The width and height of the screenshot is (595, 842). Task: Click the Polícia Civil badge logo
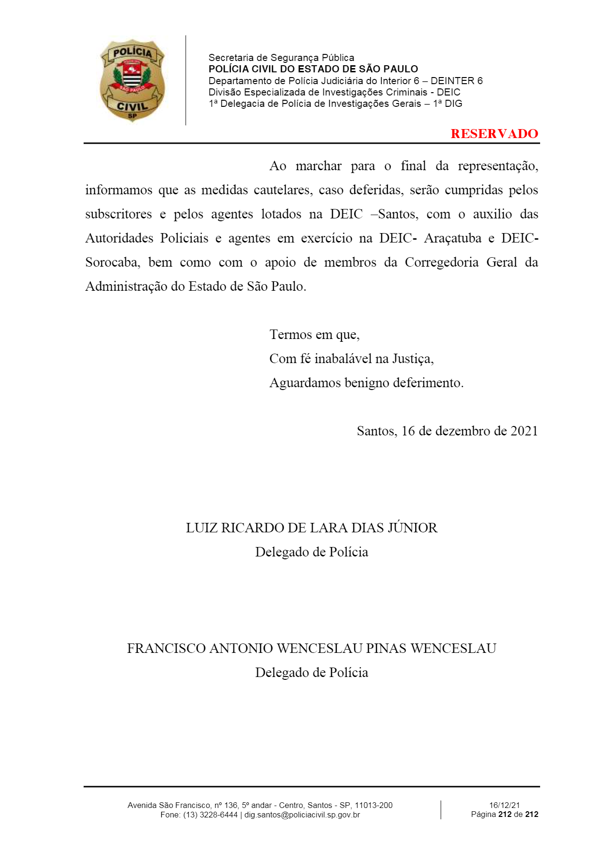132,80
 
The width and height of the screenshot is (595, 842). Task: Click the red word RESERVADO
494,134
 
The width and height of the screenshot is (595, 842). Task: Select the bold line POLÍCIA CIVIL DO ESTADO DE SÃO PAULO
313,69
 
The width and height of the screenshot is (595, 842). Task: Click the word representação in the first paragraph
498,166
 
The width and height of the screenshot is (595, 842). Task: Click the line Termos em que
314,335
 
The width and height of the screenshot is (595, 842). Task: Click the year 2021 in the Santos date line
524,431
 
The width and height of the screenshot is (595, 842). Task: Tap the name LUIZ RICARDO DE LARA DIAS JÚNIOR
311,528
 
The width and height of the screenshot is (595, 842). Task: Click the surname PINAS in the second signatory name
386,649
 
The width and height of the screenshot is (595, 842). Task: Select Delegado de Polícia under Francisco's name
311,673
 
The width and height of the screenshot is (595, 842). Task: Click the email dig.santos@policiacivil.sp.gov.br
302,815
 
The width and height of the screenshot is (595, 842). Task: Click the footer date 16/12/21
504,805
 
